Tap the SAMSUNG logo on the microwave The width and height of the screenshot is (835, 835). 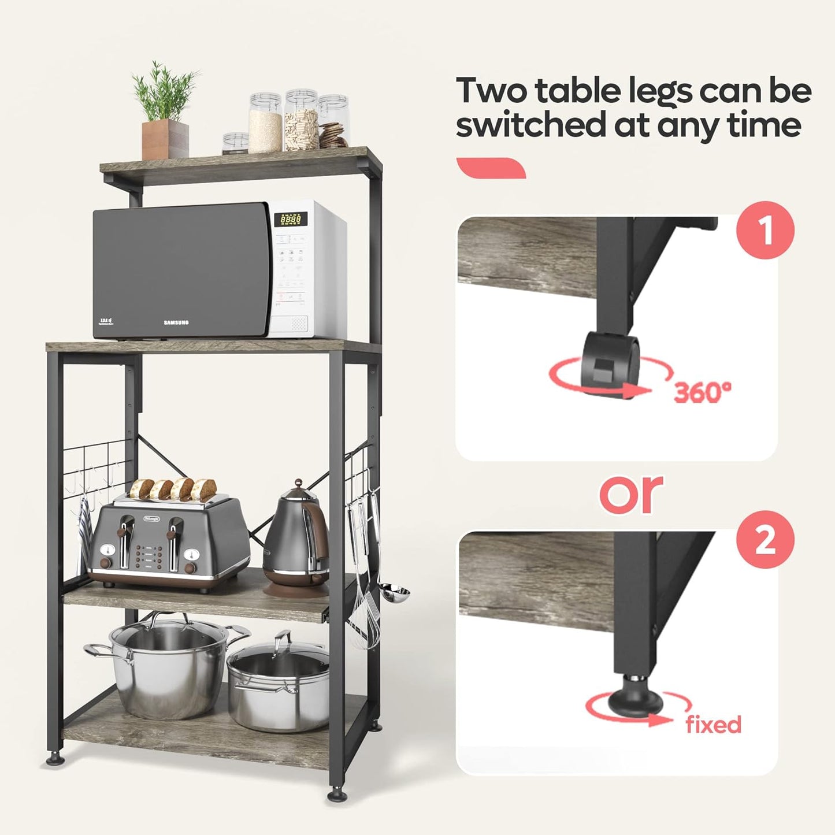(176, 322)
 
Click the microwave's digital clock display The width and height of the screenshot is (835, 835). (290, 219)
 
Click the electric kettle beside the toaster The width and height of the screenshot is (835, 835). (296, 540)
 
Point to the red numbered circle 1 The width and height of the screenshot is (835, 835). (765, 230)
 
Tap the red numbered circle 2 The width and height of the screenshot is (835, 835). (765, 540)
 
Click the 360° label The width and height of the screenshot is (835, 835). (702, 392)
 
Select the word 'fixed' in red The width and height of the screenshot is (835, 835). (713, 724)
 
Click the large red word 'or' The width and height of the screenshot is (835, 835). (630, 494)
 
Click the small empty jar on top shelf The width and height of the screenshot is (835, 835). (235, 143)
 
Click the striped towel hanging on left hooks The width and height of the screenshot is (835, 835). (84, 532)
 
